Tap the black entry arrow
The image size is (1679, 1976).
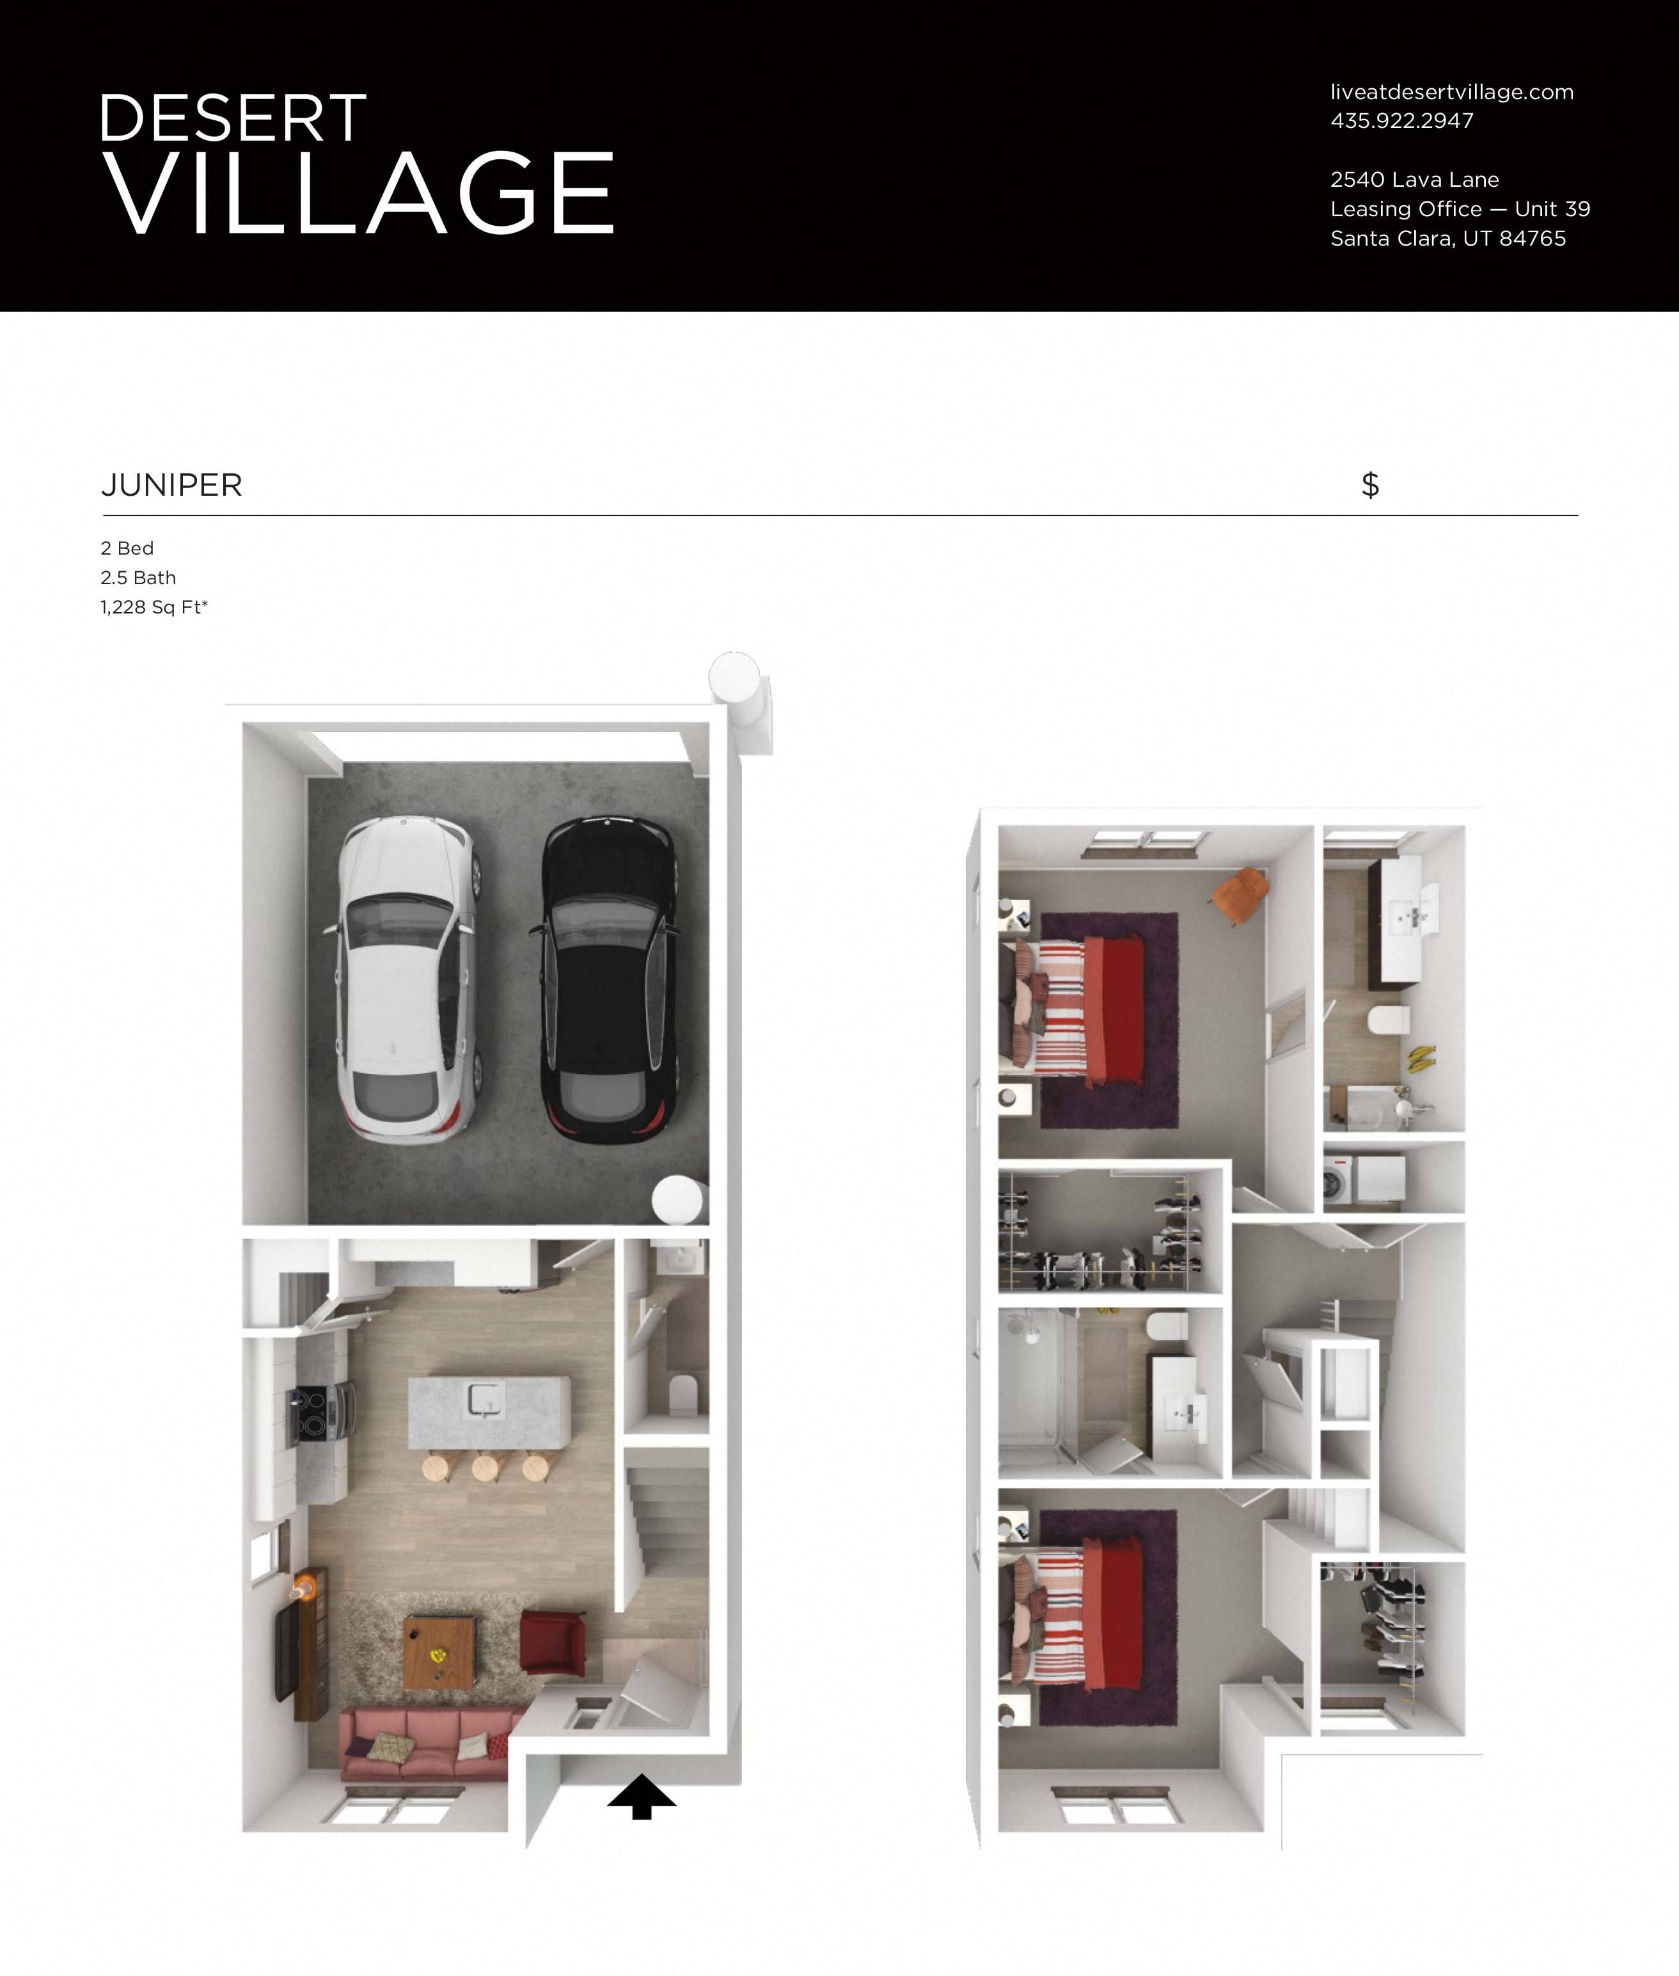coord(642,1795)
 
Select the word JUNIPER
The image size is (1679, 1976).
coord(171,486)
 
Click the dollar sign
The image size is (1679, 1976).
coord(1369,486)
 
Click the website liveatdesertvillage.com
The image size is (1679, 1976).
coord(1451,92)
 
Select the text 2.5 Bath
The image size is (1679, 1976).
coord(138,578)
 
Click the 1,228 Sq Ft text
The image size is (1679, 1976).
coord(154,607)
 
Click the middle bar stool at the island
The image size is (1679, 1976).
coord(486,1467)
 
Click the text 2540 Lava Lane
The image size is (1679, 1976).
coord(1414,180)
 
